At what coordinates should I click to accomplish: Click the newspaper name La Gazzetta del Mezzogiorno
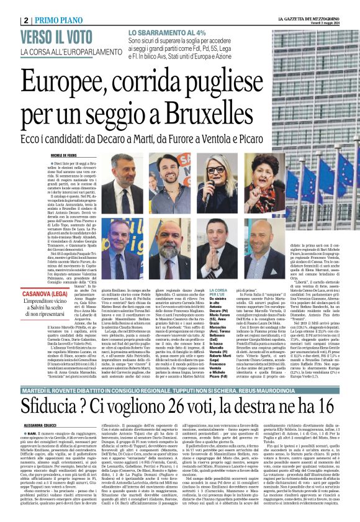coord(321,6)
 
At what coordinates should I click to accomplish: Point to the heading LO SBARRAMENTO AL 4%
coord(166,32)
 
